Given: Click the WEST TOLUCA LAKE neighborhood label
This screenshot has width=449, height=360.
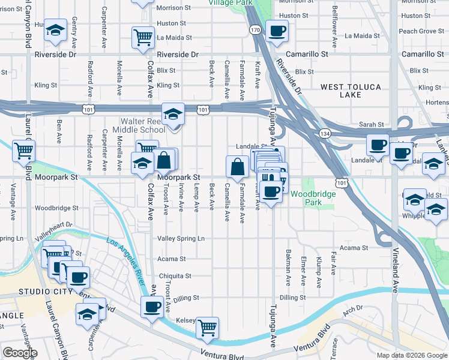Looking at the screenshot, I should coord(351,91).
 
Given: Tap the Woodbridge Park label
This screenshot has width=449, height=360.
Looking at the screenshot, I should coord(306,198).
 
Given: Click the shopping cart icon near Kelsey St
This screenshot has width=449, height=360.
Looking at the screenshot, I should coord(207,328).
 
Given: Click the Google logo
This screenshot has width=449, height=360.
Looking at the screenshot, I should coord(20,353).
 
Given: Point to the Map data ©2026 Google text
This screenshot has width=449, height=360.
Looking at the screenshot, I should coord(412,355).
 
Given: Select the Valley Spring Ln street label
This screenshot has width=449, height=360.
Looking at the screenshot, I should coord(181,239).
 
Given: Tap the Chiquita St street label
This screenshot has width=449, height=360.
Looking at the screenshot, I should coord(175,276).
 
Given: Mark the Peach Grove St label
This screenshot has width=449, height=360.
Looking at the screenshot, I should coord(418,31).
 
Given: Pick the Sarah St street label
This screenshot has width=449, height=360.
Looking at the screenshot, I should coord(372,125).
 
